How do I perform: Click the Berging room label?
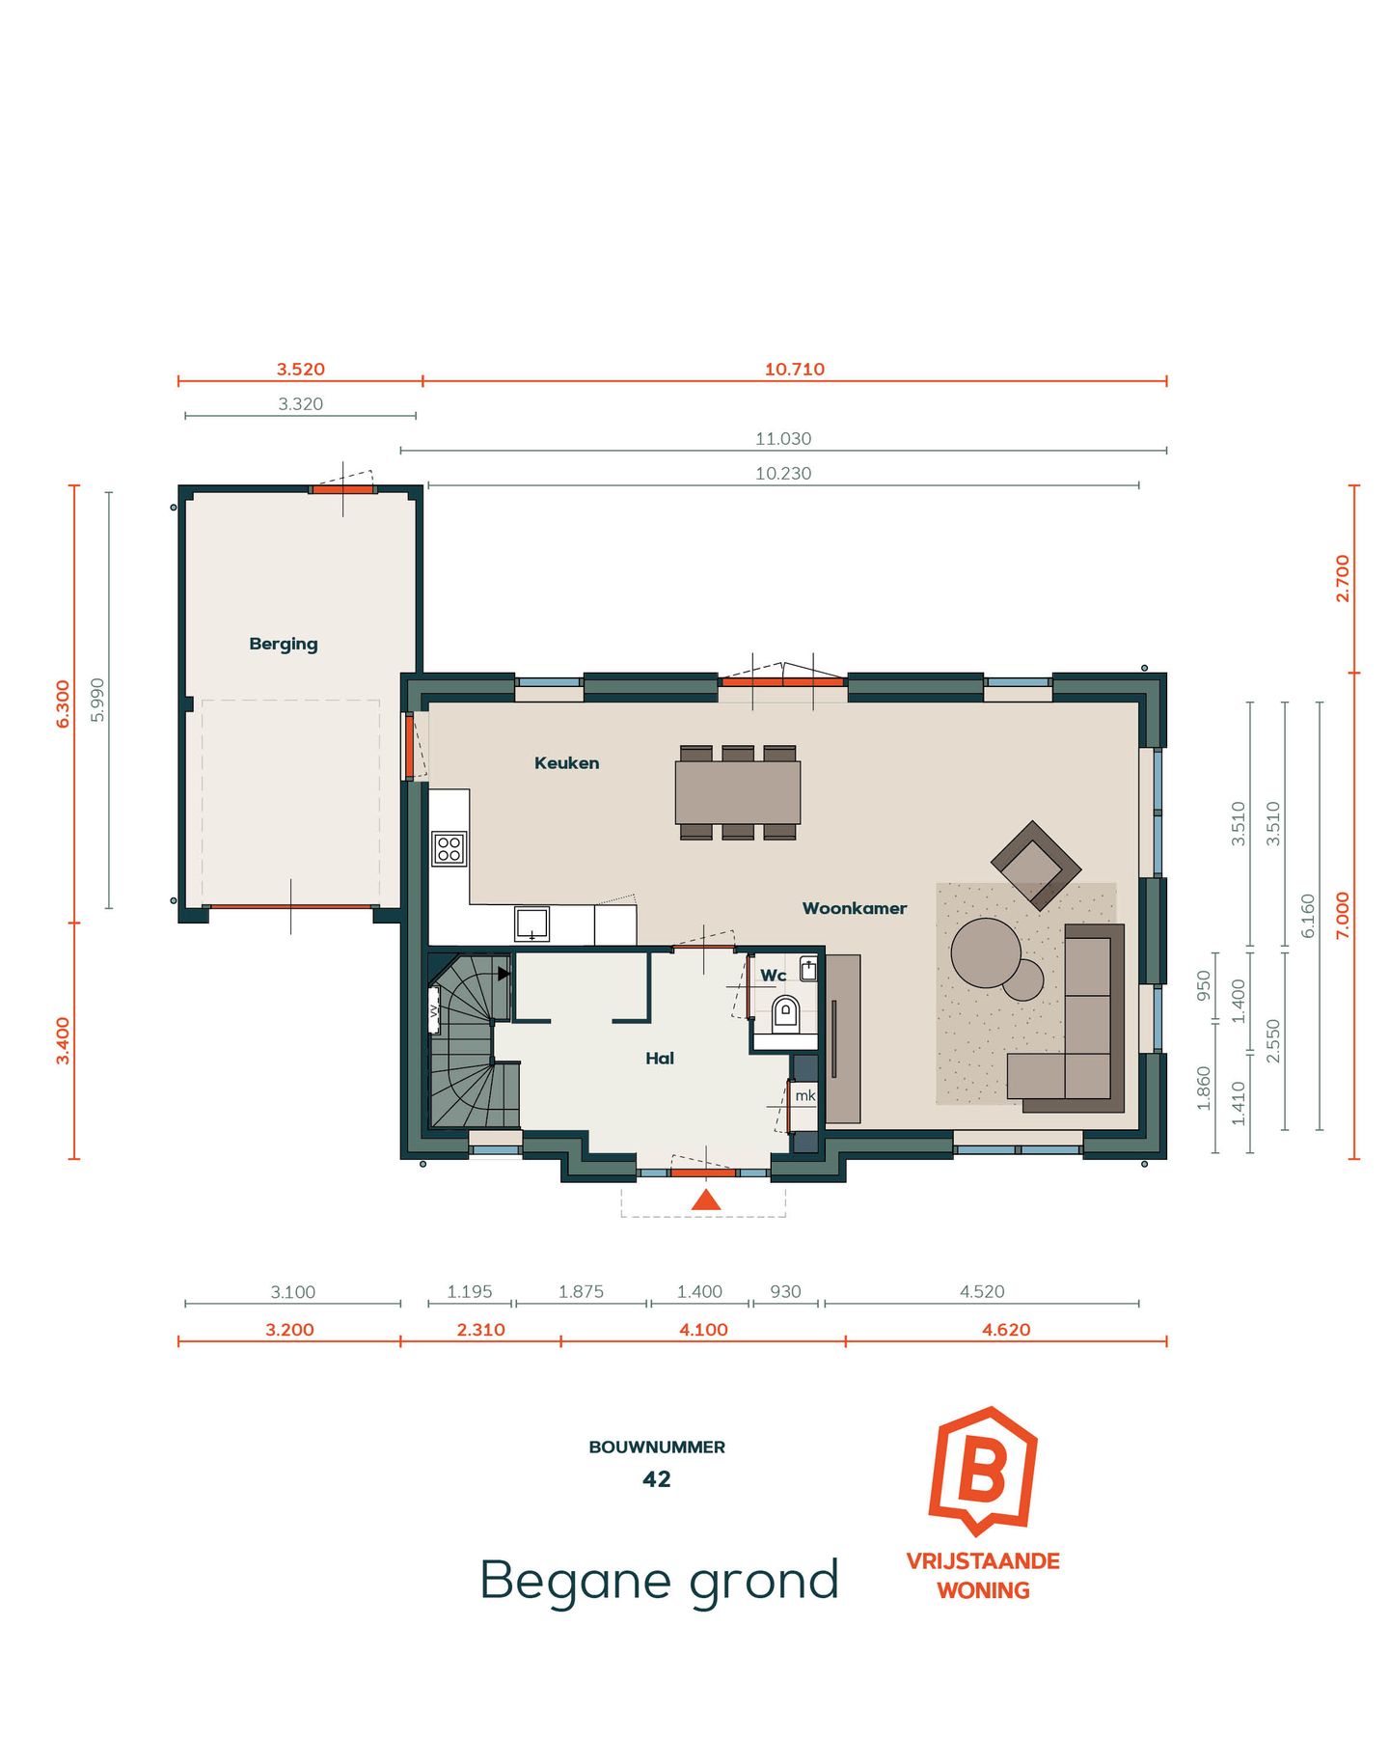(283, 644)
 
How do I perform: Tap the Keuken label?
(566, 762)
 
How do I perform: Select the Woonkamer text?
(854, 908)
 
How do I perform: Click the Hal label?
(659, 1059)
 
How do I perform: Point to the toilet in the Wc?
(785, 1013)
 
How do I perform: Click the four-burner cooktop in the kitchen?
(449, 849)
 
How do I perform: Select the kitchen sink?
(531, 924)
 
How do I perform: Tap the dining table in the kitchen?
(738, 792)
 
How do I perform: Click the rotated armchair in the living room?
(1035, 865)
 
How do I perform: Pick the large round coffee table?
(985, 951)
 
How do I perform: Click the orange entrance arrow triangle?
(706, 1200)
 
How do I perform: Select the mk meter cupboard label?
(804, 1095)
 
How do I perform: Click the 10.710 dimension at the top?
(794, 369)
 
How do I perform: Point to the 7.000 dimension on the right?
(1342, 915)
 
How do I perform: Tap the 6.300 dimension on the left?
(63, 703)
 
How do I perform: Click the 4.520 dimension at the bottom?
(982, 1291)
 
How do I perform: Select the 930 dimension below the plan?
(785, 1291)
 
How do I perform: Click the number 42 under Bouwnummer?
(656, 1479)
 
